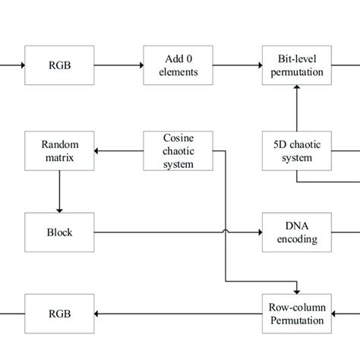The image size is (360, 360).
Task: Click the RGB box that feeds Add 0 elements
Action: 59,65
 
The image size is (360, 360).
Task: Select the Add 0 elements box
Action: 178,65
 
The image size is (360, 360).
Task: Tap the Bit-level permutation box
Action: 297,65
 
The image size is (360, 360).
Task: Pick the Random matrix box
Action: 59,151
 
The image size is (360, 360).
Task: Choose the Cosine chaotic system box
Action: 178,151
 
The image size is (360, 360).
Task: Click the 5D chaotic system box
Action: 297,151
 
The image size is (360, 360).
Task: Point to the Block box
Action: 59,232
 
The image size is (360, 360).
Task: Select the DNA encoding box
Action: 297,232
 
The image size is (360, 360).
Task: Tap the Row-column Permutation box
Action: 297,314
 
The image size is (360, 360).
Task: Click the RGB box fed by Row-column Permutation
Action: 59,314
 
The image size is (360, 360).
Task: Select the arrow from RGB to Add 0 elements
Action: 118,65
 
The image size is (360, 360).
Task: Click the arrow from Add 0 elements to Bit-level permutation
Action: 238,65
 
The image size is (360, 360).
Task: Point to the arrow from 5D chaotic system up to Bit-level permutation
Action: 297,108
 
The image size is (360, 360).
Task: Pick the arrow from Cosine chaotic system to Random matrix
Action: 118,151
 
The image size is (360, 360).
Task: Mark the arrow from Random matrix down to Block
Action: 59,191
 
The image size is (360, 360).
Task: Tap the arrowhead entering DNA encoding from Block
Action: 261,232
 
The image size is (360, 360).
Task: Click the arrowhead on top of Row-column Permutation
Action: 297,292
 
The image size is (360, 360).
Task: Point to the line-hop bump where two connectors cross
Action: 226,231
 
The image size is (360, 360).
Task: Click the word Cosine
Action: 178,138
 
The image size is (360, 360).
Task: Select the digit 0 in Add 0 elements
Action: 189,59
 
